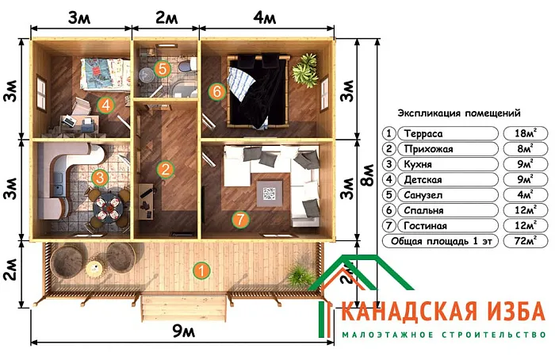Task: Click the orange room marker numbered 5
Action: tap(162, 69)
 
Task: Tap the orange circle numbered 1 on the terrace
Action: tap(201, 271)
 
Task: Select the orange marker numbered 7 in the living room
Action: tap(240, 220)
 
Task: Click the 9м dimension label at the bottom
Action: tap(183, 331)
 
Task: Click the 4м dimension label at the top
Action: tap(264, 17)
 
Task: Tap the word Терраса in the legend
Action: tap(423, 134)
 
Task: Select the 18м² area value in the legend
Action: tap(526, 133)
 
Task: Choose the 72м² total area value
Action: tap(526, 241)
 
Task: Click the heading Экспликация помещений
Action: tap(459, 113)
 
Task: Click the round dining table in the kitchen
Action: tap(109, 208)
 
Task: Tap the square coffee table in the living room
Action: tap(270, 193)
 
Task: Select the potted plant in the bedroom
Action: tap(304, 69)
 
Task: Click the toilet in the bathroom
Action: tap(187, 66)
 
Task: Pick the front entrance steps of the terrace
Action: tap(184, 308)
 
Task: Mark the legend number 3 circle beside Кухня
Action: tap(389, 164)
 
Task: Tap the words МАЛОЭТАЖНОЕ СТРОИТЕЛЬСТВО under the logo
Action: tap(444, 335)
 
